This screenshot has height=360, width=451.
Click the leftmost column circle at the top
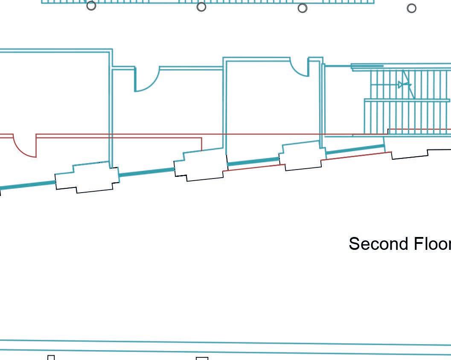(91, 6)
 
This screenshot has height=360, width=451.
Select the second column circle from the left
(201, 7)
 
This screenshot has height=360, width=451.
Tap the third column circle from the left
(303, 8)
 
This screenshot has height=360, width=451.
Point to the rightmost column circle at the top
(412, 8)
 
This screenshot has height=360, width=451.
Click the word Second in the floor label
(372, 244)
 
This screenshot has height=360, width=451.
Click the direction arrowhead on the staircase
(401, 85)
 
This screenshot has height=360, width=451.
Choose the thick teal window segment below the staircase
(355, 149)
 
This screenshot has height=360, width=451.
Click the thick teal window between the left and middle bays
(146, 172)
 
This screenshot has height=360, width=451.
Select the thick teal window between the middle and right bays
(253, 161)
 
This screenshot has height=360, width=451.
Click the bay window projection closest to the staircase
(301, 155)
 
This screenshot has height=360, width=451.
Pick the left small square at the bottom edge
(51, 357)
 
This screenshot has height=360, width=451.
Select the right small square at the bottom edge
(202, 358)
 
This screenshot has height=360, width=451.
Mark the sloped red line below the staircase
(356, 156)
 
